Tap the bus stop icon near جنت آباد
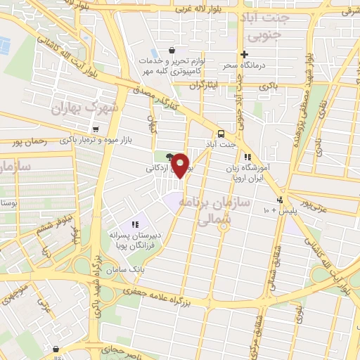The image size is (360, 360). coord(221,134)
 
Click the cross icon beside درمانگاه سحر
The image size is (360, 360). coord(244,55)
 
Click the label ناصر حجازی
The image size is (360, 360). coord(102,349)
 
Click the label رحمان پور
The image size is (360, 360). coord(28,141)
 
